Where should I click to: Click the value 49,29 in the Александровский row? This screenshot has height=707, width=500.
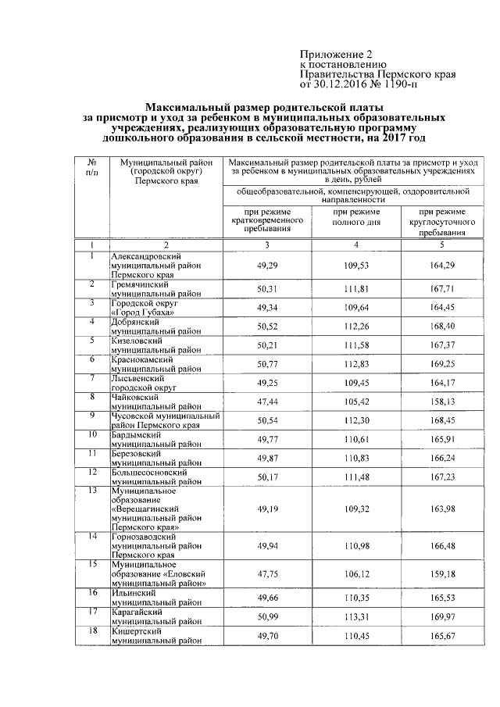point(267,266)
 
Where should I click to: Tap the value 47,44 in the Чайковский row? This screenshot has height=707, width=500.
point(267,402)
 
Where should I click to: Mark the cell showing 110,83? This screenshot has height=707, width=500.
point(355,458)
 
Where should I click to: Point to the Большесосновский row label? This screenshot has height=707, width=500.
point(149,477)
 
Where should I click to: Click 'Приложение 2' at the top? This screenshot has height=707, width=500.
point(332,54)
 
